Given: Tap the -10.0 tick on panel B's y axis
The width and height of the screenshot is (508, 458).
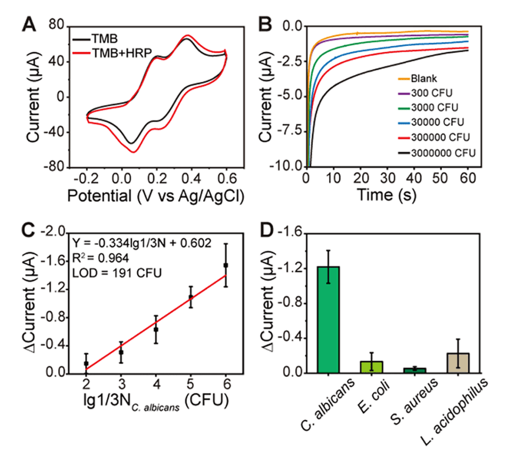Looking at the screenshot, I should pyautogui.click(x=288, y=166).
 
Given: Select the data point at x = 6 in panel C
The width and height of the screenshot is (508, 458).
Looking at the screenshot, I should pyautogui.click(x=226, y=265).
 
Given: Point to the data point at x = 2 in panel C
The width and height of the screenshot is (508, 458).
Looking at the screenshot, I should pyautogui.click(x=86, y=363).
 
